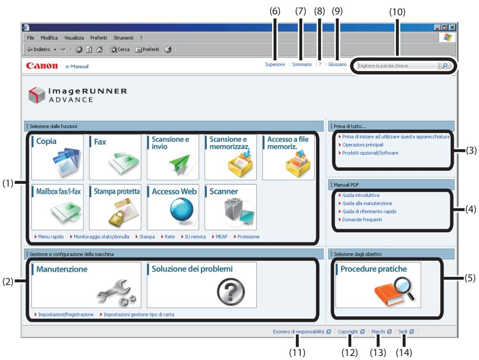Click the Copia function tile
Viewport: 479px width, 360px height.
tap(58, 157)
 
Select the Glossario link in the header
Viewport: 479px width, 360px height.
tap(338, 64)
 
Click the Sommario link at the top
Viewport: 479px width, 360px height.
tap(302, 64)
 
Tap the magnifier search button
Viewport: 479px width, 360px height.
tap(445, 66)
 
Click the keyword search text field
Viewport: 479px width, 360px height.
tap(398, 66)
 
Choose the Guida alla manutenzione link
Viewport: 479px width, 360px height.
tap(367, 203)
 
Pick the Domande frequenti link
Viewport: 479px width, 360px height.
tap(362, 219)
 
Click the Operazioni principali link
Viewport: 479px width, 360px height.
tap(363, 145)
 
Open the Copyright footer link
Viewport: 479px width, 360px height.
tap(348, 332)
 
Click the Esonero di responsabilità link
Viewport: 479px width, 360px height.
tap(299, 332)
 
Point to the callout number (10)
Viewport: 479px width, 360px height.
tap(397, 12)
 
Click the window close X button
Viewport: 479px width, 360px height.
tap(452, 27)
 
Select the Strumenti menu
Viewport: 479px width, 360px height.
tap(123, 38)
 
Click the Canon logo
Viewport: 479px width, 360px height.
tap(42, 66)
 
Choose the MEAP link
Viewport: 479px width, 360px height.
tap(221, 237)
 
